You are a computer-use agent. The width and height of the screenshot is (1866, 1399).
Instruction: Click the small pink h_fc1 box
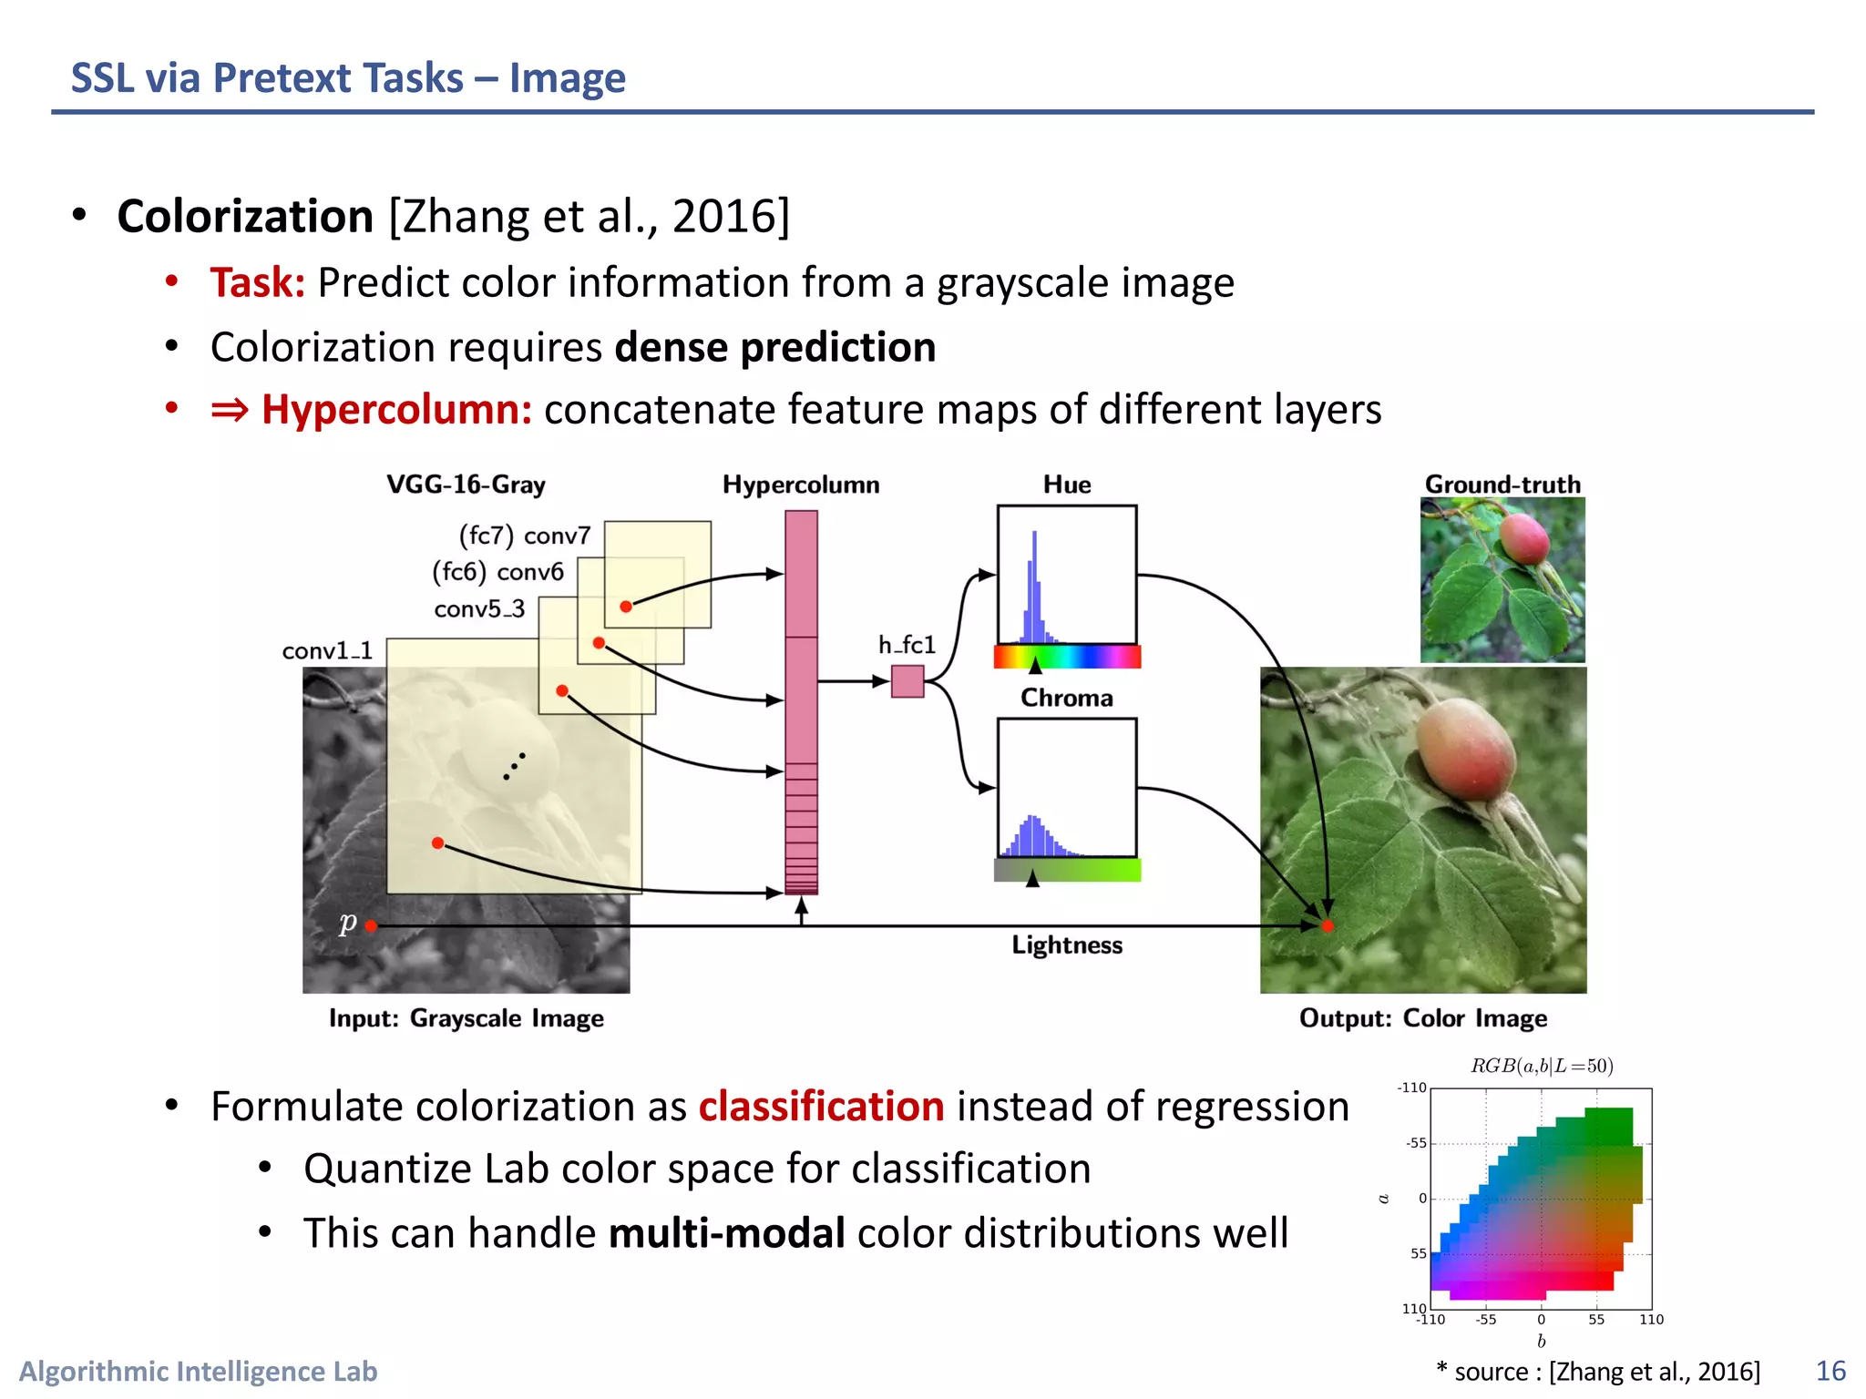(907, 681)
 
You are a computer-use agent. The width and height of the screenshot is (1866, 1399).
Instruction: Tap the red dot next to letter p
(371, 926)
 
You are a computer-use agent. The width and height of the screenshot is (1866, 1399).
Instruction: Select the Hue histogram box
(1067, 575)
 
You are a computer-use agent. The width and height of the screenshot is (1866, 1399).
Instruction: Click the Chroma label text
(1066, 698)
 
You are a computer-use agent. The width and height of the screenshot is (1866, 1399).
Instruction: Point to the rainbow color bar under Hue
(1067, 656)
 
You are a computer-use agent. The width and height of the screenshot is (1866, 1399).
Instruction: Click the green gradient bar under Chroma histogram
(1067, 870)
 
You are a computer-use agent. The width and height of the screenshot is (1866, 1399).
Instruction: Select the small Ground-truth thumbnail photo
(1502, 579)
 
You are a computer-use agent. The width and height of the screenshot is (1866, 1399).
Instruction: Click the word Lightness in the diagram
(1067, 945)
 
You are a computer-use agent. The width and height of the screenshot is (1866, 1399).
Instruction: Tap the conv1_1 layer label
(327, 651)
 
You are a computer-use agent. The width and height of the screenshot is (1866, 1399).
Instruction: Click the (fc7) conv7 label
(525, 536)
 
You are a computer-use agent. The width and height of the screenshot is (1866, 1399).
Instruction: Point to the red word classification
(821, 1107)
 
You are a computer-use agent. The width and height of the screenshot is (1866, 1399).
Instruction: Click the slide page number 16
(1830, 1371)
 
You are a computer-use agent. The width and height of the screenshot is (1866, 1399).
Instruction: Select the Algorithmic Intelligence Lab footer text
(199, 1371)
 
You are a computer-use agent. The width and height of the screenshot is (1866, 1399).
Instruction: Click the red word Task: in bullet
(257, 282)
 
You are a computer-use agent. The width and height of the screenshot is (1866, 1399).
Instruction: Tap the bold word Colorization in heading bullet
(245, 217)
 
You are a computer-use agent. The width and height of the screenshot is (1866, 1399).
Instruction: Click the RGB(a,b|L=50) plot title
(1542, 1066)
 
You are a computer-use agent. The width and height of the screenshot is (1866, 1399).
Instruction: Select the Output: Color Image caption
(1423, 1018)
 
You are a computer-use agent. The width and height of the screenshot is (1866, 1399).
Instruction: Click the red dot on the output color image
(1328, 926)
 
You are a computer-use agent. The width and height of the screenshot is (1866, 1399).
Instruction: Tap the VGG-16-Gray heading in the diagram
(466, 485)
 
